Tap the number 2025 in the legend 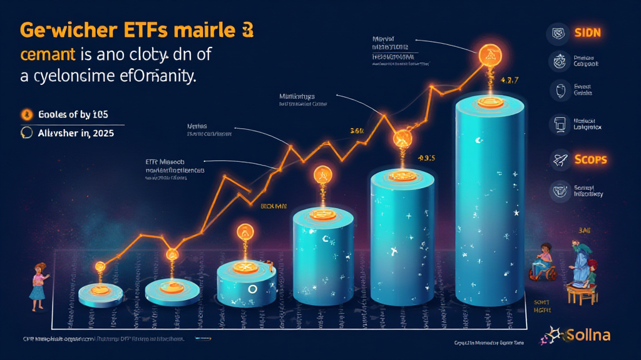click(101, 133)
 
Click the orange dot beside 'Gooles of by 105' click(26, 114)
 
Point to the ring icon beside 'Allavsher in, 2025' click(26, 132)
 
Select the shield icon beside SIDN click(558, 33)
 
